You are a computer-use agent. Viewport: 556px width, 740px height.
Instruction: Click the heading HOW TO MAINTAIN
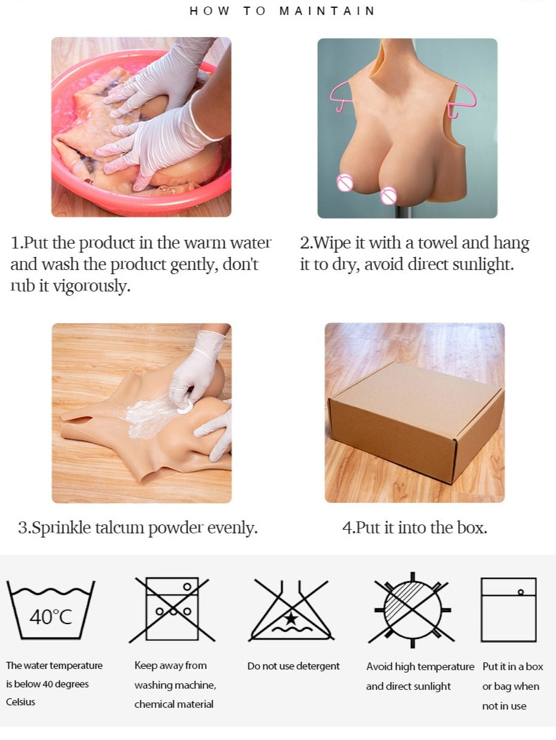pyautogui.click(x=282, y=11)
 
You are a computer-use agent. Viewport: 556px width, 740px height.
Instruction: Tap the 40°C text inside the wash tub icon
pyautogui.click(x=51, y=617)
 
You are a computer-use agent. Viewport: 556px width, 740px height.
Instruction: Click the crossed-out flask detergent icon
pyautogui.click(x=291, y=610)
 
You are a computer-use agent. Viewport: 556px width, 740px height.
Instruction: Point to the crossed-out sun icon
pyautogui.click(x=412, y=610)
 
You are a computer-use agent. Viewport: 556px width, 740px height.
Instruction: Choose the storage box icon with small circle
pyautogui.click(x=508, y=610)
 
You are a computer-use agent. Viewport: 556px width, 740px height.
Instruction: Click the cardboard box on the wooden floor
pyautogui.click(x=416, y=422)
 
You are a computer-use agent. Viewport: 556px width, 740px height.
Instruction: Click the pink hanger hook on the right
pyautogui.click(x=462, y=101)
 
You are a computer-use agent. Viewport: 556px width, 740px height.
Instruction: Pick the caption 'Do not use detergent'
pyautogui.click(x=293, y=666)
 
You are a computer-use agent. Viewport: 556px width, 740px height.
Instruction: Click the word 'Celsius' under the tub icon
pyautogui.click(x=20, y=702)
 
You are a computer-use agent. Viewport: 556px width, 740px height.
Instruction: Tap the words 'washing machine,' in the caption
pyautogui.click(x=175, y=685)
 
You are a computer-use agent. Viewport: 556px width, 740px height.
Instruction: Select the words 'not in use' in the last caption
pyautogui.click(x=504, y=706)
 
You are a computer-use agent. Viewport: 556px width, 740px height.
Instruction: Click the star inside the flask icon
pyautogui.click(x=291, y=619)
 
